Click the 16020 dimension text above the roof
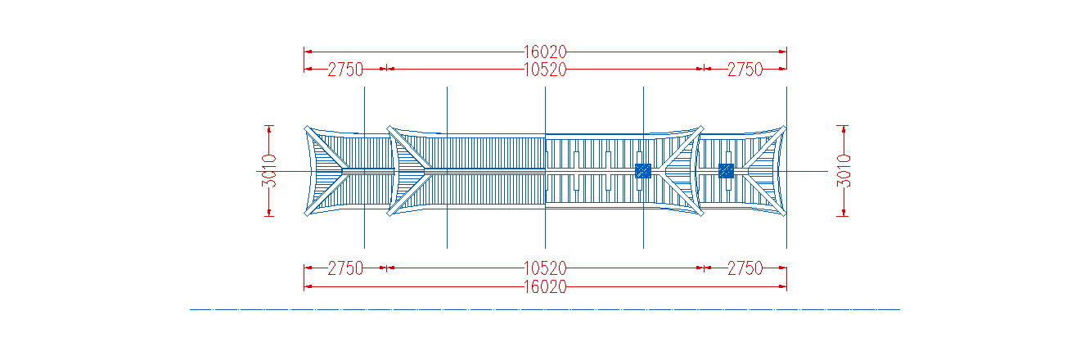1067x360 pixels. tap(545, 52)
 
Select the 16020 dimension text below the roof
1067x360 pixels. tap(545, 286)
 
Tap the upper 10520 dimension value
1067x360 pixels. tap(545, 70)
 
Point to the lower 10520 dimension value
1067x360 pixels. tap(545, 268)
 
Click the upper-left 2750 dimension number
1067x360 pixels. tap(345, 70)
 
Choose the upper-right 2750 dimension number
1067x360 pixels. tap(745, 70)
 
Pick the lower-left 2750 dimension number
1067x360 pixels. tap(345, 268)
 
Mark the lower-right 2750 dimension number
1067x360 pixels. tap(745, 268)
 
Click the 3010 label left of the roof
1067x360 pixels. tap(268, 171)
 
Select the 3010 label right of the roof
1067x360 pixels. tap(844, 171)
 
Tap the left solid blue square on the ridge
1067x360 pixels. tap(643, 171)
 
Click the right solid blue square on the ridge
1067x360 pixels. tap(726, 171)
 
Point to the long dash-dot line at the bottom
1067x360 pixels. tap(545, 309)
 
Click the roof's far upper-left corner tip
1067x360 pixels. tap(306, 127)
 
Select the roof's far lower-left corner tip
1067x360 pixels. tap(306, 214)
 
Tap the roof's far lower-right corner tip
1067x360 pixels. tap(785, 214)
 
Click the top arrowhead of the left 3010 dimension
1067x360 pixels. tap(269, 129)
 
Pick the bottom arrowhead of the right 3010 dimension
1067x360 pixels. tap(844, 213)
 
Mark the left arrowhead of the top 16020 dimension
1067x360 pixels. tap(308, 52)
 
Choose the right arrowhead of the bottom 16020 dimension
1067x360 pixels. tap(783, 286)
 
